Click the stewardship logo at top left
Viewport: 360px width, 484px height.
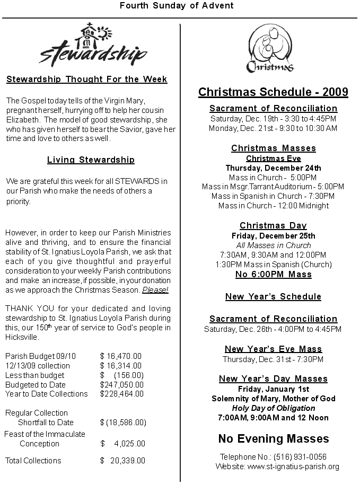(x=93, y=45)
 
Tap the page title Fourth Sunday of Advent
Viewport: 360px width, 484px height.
(x=177, y=6)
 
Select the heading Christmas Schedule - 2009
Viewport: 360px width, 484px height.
(x=273, y=92)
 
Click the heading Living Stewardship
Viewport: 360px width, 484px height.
(x=91, y=160)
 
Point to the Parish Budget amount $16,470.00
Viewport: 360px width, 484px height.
(x=121, y=356)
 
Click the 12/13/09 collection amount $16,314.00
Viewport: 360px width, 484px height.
(x=121, y=366)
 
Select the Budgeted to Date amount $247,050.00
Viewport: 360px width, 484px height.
(x=122, y=384)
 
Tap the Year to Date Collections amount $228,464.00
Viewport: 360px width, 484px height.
(x=122, y=394)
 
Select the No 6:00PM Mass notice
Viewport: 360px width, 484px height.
(x=274, y=274)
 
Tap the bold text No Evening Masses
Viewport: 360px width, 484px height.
(x=274, y=439)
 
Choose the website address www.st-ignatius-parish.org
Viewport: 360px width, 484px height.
(x=293, y=467)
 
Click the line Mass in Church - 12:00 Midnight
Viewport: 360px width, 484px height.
(x=273, y=206)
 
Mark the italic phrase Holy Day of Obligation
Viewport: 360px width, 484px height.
(x=274, y=408)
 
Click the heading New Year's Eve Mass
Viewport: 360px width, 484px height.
(x=274, y=349)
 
